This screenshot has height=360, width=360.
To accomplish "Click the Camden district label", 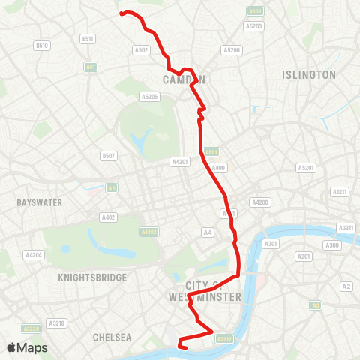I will click(184, 79).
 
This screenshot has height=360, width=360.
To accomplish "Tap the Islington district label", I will click(309, 75).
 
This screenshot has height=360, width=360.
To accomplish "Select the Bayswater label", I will click(39, 202).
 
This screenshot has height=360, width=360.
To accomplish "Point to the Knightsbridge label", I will click(91, 277).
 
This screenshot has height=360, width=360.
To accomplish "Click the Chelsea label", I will click(112, 337).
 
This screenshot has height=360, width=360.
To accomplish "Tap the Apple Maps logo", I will click(27, 348).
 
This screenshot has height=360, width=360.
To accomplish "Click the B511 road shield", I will click(88, 39).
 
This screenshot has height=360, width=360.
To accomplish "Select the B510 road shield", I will click(41, 46).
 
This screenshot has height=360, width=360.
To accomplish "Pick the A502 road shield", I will click(141, 50).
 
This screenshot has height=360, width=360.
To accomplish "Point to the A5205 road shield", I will click(149, 96).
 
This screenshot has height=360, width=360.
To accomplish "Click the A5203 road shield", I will click(254, 26).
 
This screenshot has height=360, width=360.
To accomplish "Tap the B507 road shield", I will click(109, 156).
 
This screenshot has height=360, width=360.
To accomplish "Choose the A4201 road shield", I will click(180, 161).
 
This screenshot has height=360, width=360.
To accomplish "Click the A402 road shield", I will click(109, 217).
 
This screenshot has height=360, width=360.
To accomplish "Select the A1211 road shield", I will click(340, 192).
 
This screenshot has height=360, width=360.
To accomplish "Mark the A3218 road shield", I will click(57, 322).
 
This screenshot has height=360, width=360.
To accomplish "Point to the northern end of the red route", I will click(122, 13).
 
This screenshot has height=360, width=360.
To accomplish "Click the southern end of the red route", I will click(181, 346).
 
